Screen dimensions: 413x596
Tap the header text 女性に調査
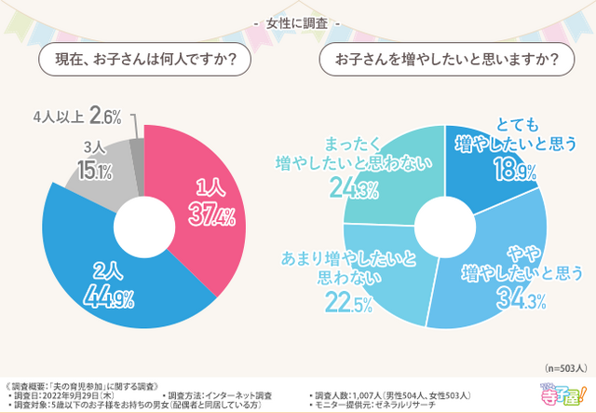pyautogui.click(x=298, y=21)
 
